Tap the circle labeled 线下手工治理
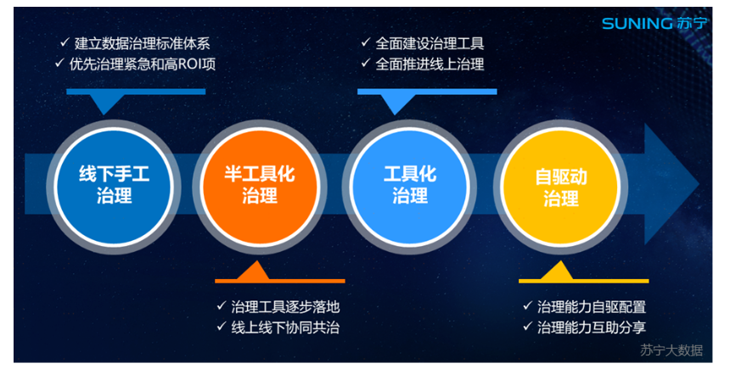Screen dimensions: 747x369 (x=114, y=186)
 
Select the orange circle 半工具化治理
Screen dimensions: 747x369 (x=260, y=186)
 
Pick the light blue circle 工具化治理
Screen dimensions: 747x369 (x=410, y=186)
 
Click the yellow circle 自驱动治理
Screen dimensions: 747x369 (x=561, y=186)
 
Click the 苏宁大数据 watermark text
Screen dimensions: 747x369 (x=671, y=350)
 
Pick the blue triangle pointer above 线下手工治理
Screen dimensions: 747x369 (x=104, y=103)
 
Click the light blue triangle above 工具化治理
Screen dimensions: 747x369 (x=395, y=103)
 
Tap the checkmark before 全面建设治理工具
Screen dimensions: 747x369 (x=365, y=43)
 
